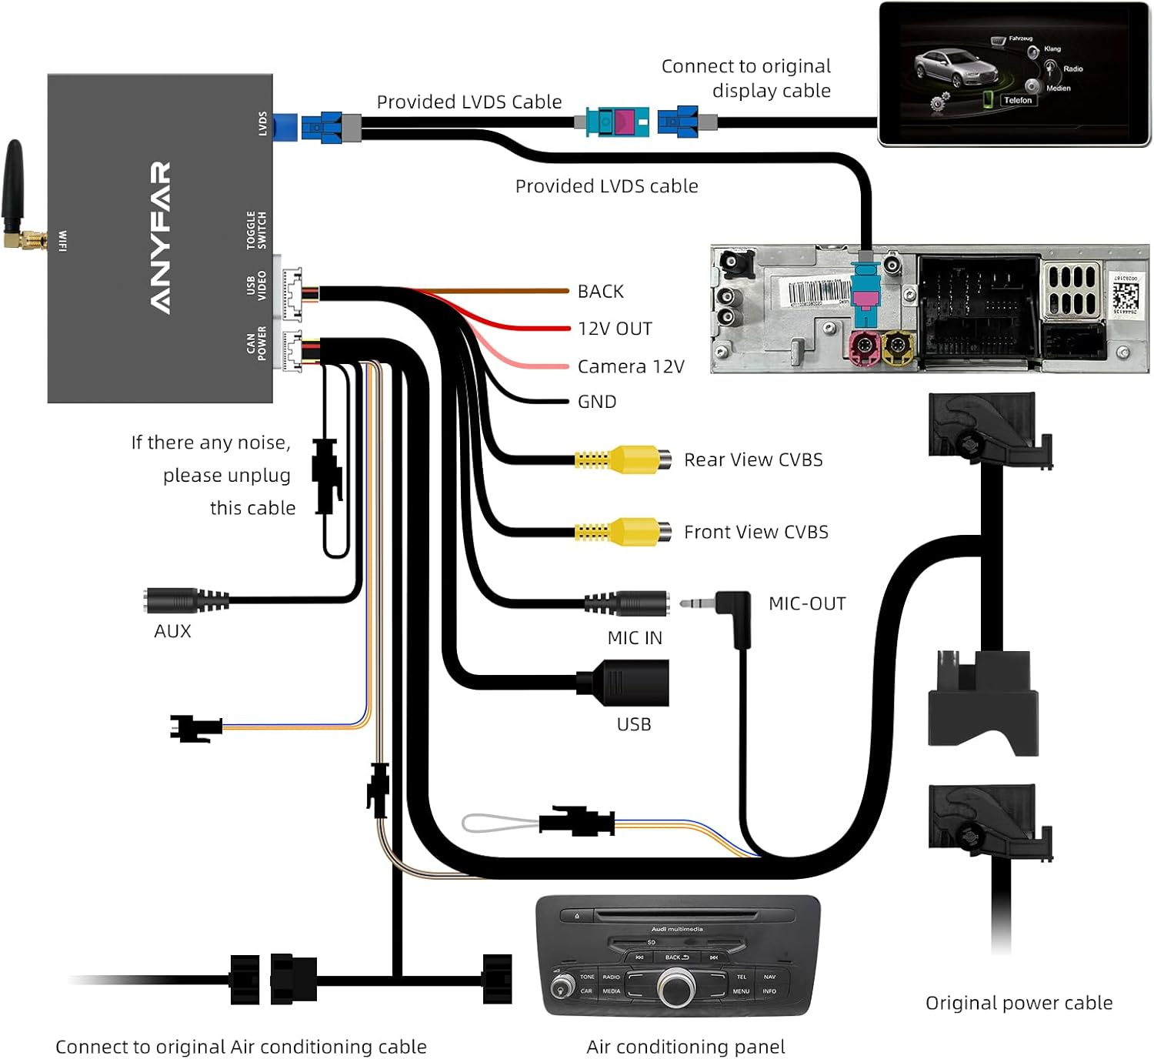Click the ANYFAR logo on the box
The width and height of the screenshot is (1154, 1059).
160,237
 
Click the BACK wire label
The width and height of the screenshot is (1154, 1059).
600,292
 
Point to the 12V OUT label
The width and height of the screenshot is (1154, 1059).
615,329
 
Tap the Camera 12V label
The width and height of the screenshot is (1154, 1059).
630,366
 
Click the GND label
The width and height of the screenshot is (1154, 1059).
597,402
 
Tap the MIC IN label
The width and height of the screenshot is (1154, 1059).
634,638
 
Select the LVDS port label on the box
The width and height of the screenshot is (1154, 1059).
262,124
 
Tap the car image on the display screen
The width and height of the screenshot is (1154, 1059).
948,68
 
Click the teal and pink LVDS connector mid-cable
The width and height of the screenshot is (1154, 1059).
617,122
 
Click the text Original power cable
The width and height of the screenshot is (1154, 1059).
1019,1003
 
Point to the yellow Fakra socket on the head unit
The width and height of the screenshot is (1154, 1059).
896,347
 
